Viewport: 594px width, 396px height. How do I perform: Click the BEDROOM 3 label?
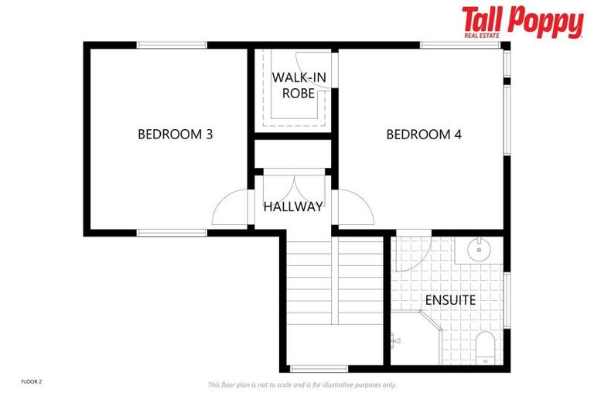pyautogui.click(x=175, y=134)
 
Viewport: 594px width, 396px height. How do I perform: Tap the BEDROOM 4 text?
pyautogui.click(x=424, y=134)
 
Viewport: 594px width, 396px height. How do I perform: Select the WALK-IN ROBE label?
pyautogui.click(x=293, y=86)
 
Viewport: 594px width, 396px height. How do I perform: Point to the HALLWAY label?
pyautogui.click(x=292, y=207)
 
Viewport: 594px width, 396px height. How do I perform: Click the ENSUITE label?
pyautogui.click(x=450, y=299)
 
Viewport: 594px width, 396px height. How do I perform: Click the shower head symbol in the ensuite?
pyautogui.click(x=396, y=338)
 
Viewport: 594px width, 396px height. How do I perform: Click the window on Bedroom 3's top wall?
pyautogui.click(x=172, y=45)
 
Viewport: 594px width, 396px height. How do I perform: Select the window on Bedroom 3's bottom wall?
pyautogui.click(x=172, y=232)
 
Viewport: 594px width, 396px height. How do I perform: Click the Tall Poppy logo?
pyautogui.click(x=523, y=22)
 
